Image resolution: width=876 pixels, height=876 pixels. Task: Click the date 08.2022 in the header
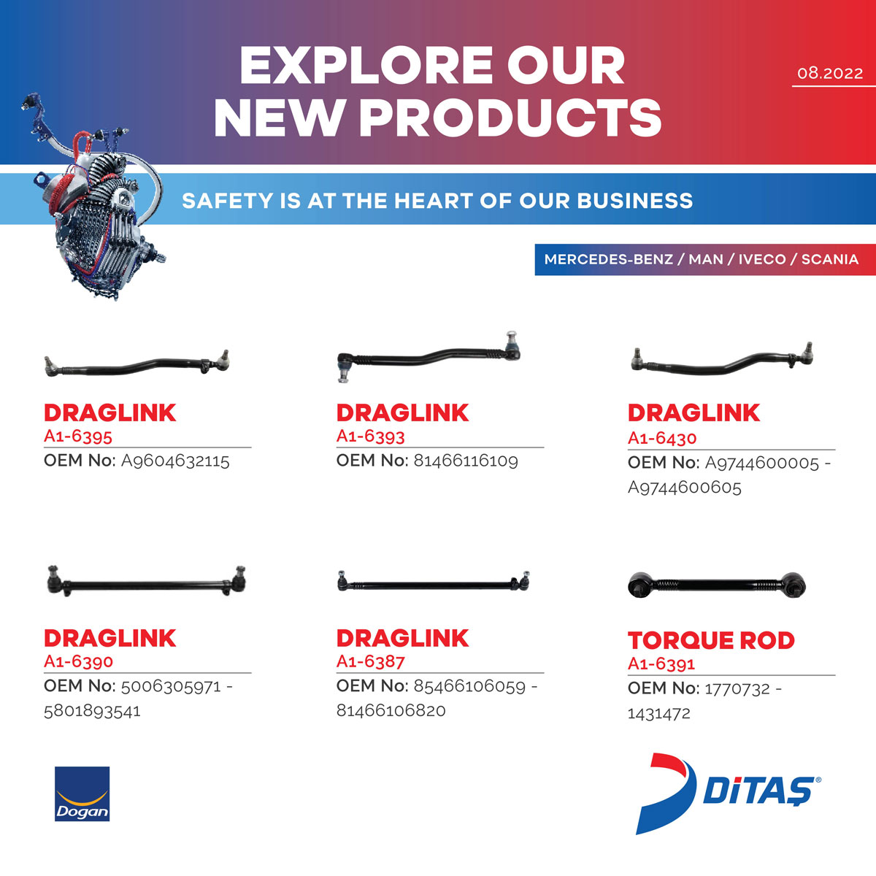(x=829, y=73)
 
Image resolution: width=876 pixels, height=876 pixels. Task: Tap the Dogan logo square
(x=82, y=794)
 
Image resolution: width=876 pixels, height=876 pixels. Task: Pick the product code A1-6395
(x=77, y=437)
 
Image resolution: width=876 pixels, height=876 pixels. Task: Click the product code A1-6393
(x=371, y=437)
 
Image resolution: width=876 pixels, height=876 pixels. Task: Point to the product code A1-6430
(x=662, y=438)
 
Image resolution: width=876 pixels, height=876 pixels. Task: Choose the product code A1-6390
(x=78, y=661)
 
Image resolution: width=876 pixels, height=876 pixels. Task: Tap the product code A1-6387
(x=371, y=661)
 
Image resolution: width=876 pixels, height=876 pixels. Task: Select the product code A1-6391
(x=661, y=664)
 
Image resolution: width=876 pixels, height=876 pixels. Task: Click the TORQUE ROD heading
(x=711, y=640)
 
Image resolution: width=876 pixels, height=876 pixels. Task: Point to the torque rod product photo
(x=716, y=585)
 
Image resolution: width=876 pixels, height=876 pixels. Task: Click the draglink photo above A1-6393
(x=429, y=357)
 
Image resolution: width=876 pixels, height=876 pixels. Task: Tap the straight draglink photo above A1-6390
(x=147, y=581)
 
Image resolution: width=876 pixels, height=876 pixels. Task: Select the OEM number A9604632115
(x=175, y=461)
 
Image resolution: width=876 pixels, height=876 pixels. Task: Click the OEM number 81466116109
(x=466, y=461)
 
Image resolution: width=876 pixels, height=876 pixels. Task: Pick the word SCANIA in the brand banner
(x=829, y=259)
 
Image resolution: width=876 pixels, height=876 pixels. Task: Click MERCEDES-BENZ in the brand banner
(x=608, y=259)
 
